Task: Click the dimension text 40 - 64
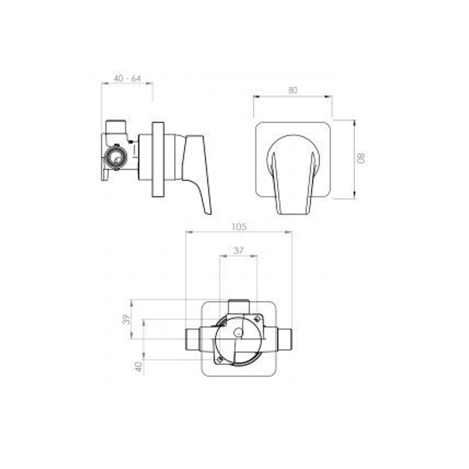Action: coord(127,78)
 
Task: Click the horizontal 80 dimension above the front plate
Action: coord(292,90)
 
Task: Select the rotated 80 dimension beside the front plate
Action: coord(361,159)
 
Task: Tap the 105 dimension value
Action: coord(239,226)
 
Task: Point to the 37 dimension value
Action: coord(238,250)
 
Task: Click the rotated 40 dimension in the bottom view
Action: coord(139,366)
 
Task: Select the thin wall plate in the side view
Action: coord(158,160)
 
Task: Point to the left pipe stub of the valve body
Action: coord(193,339)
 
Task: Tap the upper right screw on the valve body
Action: coord(257,318)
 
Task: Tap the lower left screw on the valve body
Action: coord(219,360)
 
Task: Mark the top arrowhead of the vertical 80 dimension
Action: coord(354,123)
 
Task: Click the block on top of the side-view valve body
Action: coord(116,126)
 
